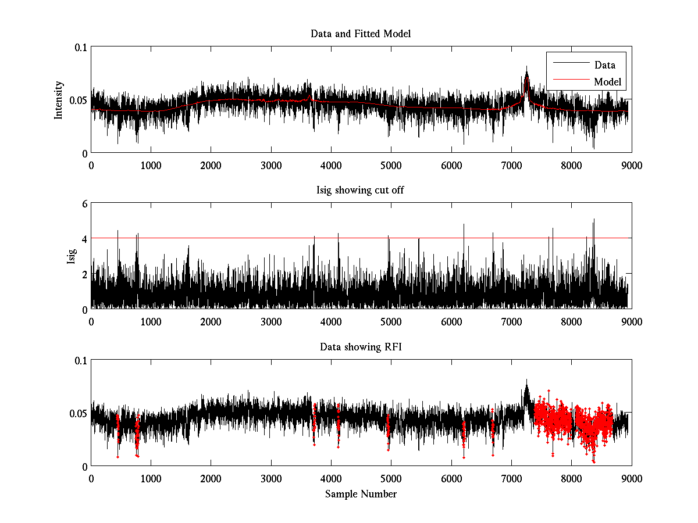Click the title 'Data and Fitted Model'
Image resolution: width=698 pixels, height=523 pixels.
(361, 34)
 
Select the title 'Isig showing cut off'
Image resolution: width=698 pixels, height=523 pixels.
(361, 190)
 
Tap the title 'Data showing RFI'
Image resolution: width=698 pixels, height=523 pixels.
(361, 347)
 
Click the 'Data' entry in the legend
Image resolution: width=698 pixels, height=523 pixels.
(604, 65)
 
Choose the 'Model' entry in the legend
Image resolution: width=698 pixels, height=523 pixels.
(607, 82)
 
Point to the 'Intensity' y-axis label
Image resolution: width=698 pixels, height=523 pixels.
(58, 100)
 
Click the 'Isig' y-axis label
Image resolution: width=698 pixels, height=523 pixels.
(71, 256)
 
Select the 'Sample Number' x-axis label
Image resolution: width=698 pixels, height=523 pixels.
(361, 494)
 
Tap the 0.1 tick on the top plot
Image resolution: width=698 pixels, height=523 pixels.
(80, 48)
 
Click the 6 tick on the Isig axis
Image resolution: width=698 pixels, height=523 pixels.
(84, 204)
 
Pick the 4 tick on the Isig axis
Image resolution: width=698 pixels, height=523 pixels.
(84, 239)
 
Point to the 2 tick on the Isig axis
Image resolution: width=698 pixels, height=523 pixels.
(84, 274)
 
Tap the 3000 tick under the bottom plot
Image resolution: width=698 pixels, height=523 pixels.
(271, 478)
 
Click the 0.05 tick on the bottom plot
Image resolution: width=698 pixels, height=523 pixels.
(78, 413)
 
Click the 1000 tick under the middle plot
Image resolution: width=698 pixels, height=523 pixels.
(151, 321)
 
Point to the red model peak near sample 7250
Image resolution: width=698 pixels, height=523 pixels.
(526, 83)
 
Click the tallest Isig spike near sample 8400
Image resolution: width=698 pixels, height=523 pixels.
(594, 220)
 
